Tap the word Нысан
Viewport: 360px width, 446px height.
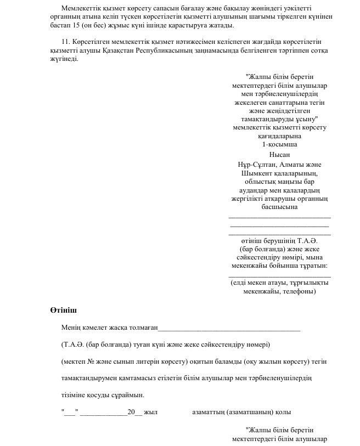click(x=279, y=154)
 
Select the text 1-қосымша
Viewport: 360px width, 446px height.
click(x=279, y=144)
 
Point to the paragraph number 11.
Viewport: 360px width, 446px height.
click(x=66, y=42)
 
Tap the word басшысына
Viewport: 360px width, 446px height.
click(x=280, y=207)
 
